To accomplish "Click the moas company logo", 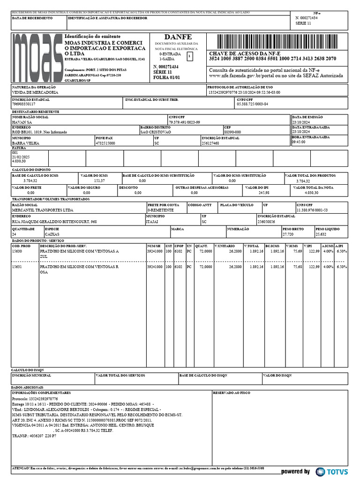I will pyautogui.click(x=37, y=57).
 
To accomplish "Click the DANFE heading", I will pyautogui.click(x=178, y=37).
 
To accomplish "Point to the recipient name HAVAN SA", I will pyautogui.click(x=22, y=122).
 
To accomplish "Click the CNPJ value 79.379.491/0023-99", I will pyautogui.click(x=184, y=122).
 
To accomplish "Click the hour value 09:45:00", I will pyautogui.click(x=299, y=142).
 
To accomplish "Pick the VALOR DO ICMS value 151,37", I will pyautogui.click(x=99, y=180).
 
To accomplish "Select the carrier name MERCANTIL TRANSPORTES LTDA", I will pyautogui.click(x=42, y=210).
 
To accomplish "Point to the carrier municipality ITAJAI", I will pyautogui.click(x=152, y=222).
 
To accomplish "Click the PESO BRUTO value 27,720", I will pyautogui.click(x=288, y=234).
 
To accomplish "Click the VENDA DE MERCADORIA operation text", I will pyautogui.click(x=35, y=93).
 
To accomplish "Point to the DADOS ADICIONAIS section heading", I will pyautogui.click(x=27, y=387).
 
